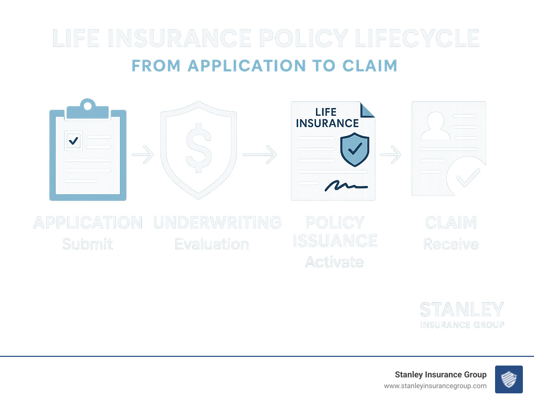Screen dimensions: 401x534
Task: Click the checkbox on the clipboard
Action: (x=73, y=141)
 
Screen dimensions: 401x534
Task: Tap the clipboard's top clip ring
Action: (x=88, y=105)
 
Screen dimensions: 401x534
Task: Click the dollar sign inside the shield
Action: (x=199, y=148)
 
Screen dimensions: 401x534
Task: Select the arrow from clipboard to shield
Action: (x=143, y=154)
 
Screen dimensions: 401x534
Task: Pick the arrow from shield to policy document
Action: (x=260, y=154)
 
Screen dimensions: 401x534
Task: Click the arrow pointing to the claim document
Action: (x=390, y=154)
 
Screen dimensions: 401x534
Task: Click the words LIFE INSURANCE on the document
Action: (x=327, y=118)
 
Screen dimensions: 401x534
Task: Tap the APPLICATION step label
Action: (x=88, y=223)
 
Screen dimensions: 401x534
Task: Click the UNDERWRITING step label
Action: (x=217, y=223)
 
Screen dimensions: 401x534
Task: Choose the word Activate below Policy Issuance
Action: (x=334, y=262)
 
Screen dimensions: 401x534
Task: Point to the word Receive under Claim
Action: (x=451, y=244)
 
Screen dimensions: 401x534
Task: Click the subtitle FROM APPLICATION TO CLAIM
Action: (x=264, y=66)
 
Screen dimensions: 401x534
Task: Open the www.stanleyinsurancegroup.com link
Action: (x=435, y=386)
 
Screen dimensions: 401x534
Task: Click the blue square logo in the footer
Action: (x=509, y=379)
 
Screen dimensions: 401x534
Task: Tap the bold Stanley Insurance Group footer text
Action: (x=440, y=375)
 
